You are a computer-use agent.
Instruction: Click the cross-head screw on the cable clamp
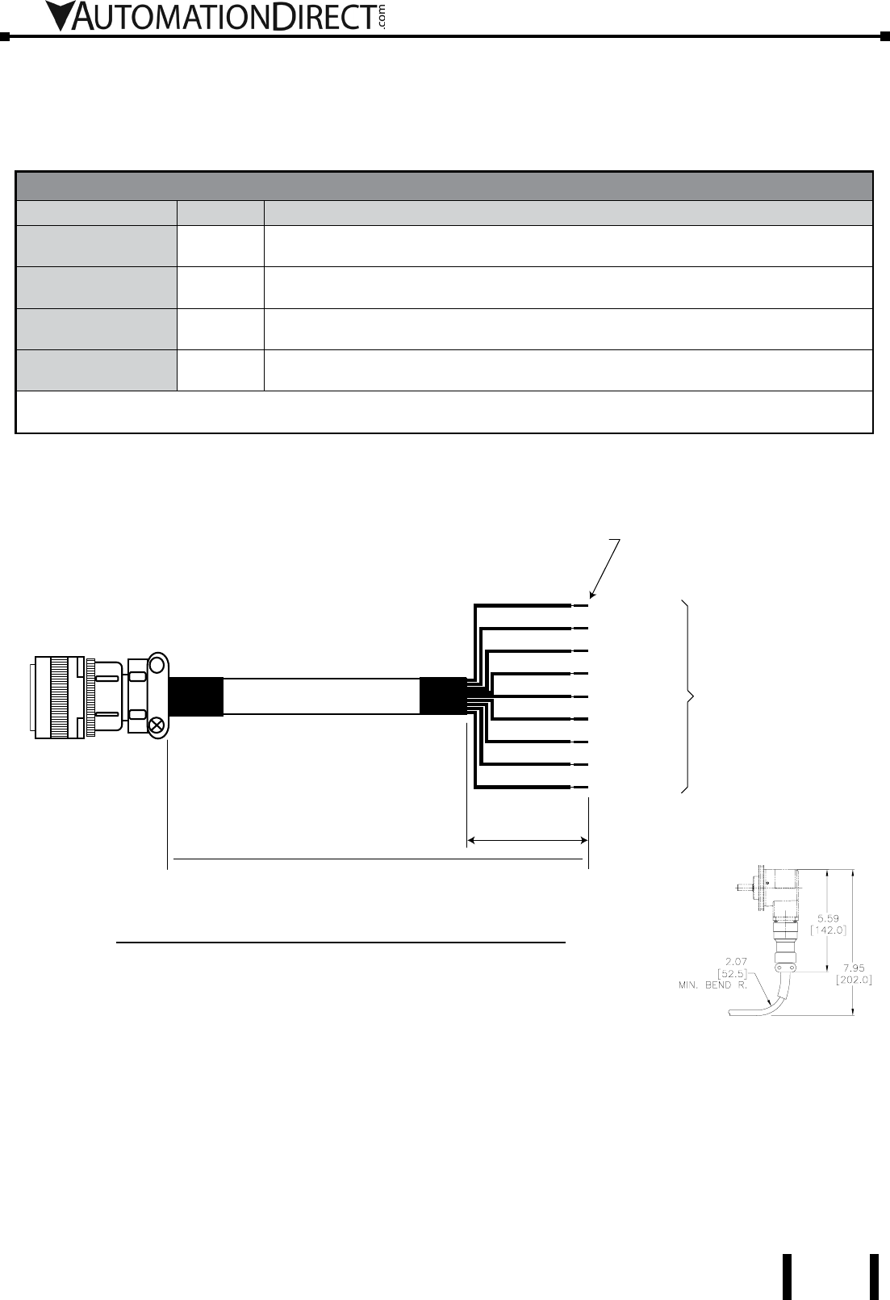point(156,725)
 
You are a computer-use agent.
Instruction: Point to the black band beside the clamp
point(196,696)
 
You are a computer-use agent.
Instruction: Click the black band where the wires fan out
point(443,696)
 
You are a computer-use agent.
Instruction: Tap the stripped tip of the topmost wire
point(580,606)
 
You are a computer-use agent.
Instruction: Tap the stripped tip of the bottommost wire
point(580,788)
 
